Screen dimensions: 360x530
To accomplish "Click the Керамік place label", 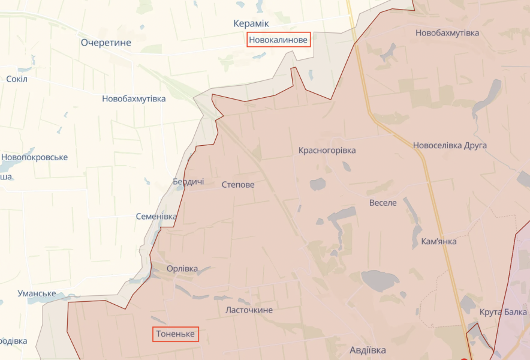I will pyautogui.click(x=251, y=23).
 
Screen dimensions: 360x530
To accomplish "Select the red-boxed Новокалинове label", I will pyautogui.click(x=279, y=40).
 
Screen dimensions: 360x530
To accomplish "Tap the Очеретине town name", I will pyautogui.click(x=106, y=43).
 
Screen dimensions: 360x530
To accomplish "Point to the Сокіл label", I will pyautogui.click(x=17, y=79).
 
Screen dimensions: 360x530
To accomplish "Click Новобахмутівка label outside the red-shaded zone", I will pyautogui.click(x=134, y=98).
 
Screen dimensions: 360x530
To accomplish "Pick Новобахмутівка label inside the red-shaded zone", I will pyautogui.click(x=447, y=32).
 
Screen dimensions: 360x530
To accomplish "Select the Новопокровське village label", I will pyautogui.click(x=34, y=157).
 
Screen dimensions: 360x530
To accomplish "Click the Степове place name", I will pyautogui.click(x=238, y=185).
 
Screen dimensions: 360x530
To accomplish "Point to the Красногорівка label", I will pyautogui.click(x=327, y=150).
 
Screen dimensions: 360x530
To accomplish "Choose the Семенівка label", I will pyautogui.click(x=156, y=216).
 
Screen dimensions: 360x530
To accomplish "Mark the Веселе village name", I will pyautogui.click(x=383, y=202).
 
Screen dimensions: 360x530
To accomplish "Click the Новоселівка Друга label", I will pyautogui.click(x=450, y=145).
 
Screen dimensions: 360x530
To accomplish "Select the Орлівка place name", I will pyautogui.click(x=182, y=269).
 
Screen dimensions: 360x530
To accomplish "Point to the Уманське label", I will pyautogui.click(x=37, y=293).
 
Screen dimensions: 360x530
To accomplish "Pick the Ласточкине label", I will pyautogui.click(x=249, y=310).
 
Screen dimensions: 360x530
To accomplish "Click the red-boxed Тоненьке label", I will pyautogui.click(x=176, y=334).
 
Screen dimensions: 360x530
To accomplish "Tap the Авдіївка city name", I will pyautogui.click(x=368, y=350).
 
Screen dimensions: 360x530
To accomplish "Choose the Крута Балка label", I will pyautogui.click(x=504, y=312).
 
